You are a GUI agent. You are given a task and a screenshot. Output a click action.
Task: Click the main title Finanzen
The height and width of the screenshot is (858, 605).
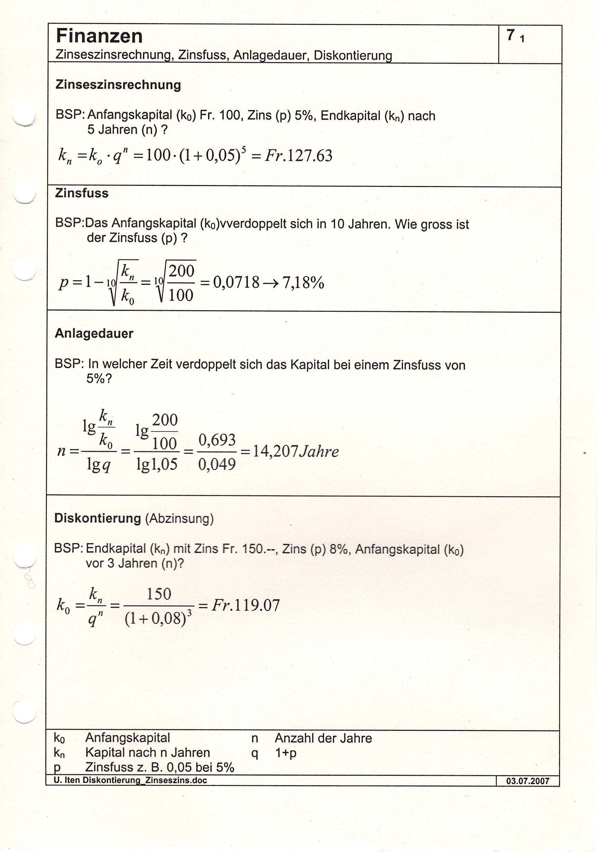[99, 36]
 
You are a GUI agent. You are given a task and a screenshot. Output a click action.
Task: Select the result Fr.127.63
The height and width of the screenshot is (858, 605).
[298, 156]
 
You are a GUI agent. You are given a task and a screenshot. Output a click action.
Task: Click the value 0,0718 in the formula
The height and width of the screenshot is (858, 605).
[236, 283]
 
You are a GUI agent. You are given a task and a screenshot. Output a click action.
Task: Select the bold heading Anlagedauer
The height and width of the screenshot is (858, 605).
[94, 333]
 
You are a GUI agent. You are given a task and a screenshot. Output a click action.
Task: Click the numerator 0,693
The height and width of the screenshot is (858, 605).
[217, 440]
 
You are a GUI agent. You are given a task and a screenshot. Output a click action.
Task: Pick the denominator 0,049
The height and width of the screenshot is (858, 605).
[217, 465]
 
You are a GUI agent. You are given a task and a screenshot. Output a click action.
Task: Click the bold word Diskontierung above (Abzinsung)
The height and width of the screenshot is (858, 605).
[98, 518]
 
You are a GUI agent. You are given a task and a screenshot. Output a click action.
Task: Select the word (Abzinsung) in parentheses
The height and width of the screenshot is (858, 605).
[180, 519]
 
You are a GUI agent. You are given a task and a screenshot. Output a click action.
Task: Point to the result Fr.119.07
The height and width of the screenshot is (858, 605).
[246, 605]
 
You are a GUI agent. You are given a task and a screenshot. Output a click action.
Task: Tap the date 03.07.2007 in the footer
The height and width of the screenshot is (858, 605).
[527, 781]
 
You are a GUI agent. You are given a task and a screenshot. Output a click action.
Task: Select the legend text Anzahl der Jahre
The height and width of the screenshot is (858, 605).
[323, 738]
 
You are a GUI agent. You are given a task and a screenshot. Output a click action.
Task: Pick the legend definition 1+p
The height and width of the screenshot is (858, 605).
[286, 753]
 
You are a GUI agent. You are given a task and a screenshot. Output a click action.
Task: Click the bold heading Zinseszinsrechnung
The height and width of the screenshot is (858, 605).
[118, 85]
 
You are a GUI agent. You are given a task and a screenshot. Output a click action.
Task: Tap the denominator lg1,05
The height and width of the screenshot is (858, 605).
[157, 465]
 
